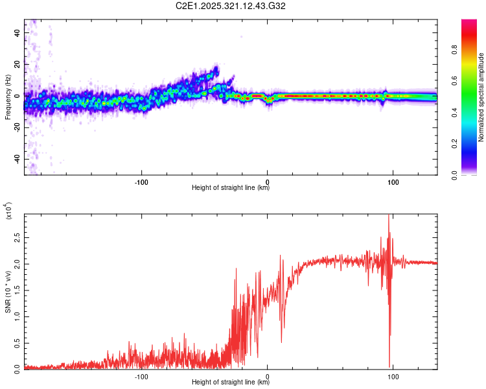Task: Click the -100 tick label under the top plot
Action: click(142, 181)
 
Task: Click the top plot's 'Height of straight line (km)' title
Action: click(231, 188)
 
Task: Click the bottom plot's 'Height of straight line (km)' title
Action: click(231, 383)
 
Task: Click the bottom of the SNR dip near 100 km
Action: click(389, 367)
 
